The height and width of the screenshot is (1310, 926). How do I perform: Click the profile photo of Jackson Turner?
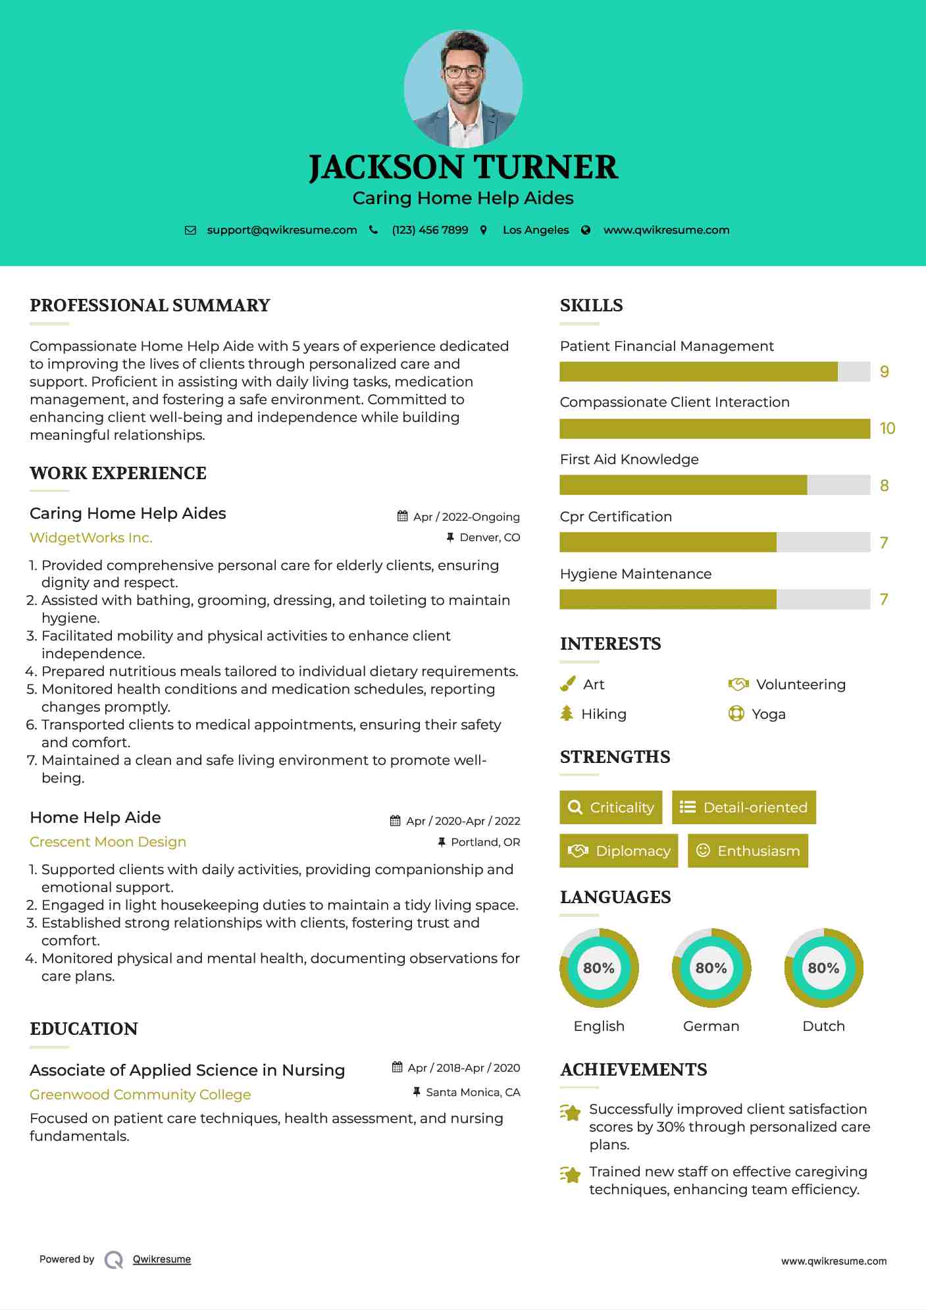pyautogui.click(x=463, y=88)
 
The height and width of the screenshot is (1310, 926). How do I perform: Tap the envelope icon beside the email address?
pyautogui.click(x=190, y=230)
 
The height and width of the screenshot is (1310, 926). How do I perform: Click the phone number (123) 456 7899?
pyautogui.click(x=430, y=230)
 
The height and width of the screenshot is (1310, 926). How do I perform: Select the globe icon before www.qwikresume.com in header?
pyautogui.click(x=586, y=230)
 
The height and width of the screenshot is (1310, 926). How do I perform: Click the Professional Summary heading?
pyautogui.click(x=150, y=305)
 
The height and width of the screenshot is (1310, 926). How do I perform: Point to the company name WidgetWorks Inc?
pyautogui.click(x=91, y=538)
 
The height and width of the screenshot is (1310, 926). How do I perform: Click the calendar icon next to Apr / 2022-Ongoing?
pyautogui.click(x=402, y=517)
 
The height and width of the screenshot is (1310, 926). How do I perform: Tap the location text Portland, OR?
pyautogui.click(x=485, y=842)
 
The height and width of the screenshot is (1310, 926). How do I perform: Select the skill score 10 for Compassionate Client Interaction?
pyautogui.click(x=887, y=429)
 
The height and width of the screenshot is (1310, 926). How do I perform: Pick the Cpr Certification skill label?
pyautogui.click(x=615, y=517)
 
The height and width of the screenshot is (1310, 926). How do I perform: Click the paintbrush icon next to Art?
pyautogui.click(x=567, y=685)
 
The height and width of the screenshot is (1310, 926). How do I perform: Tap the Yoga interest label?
pyautogui.click(x=768, y=714)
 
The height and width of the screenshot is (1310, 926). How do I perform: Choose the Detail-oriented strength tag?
pyautogui.click(x=744, y=808)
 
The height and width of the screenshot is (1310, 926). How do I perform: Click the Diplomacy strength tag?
pyautogui.click(x=619, y=851)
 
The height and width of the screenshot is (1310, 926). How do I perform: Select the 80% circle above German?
pyautogui.click(x=711, y=968)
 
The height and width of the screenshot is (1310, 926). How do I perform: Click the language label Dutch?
pyautogui.click(x=823, y=1026)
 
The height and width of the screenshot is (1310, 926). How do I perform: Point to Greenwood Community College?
pyautogui.click(x=140, y=1095)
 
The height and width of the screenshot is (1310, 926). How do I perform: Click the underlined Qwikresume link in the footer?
pyautogui.click(x=162, y=1259)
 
